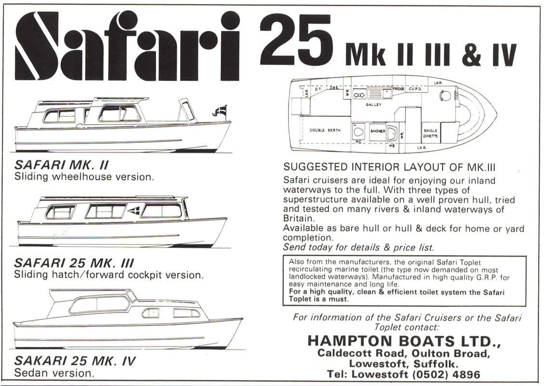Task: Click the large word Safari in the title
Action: [127, 45]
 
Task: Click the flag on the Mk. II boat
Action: [220, 111]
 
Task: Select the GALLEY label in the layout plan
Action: [373, 104]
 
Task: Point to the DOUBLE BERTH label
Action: [325, 130]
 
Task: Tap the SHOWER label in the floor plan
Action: [377, 131]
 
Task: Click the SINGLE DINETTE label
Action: [430, 133]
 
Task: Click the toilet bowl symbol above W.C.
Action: [358, 131]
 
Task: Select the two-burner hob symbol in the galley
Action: [359, 95]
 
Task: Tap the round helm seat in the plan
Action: [446, 96]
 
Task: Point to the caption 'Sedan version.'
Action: [53, 373]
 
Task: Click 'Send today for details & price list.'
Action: [358, 247]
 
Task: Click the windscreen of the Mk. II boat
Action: [186, 110]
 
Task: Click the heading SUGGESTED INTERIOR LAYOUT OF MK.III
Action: [390, 167]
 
